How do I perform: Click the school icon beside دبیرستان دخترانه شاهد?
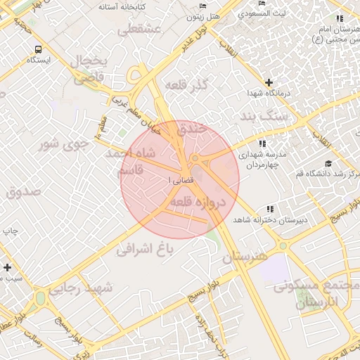pyautogui.click(x=270, y=210)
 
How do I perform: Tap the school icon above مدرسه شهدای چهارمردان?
pyautogui.click(x=262, y=143)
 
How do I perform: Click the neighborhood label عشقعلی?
pyautogui.click(x=140, y=30)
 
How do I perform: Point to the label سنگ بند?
pyautogui.click(x=264, y=117)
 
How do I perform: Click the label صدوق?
pyautogui.click(x=23, y=191)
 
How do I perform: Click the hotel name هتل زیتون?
pyautogui.click(x=215, y=14)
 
